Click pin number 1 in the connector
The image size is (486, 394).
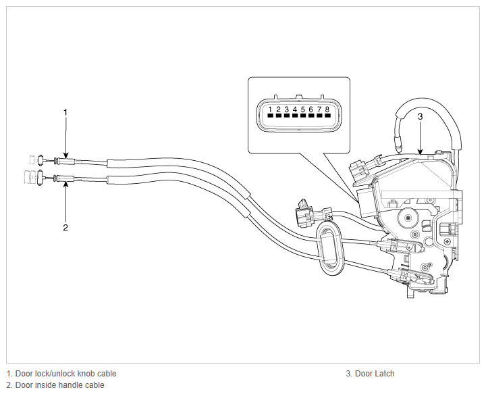click(270, 109)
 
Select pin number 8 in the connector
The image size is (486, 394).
click(327, 109)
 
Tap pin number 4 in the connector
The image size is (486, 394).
click(295, 109)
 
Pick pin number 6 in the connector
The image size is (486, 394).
click(311, 109)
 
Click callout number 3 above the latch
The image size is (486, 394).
click(420, 117)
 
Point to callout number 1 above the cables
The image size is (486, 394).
click(65, 112)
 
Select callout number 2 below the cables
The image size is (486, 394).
click(65, 228)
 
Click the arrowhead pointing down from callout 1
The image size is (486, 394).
click(65, 155)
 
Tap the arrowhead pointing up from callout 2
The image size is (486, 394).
click(65, 184)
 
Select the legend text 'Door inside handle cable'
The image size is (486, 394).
click(59, 385)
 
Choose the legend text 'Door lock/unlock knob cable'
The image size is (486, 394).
click(65, 374)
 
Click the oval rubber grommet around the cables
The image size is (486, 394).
click(320, 248)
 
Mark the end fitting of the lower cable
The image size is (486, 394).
click(40, 178)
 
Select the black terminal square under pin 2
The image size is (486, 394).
click(278, 116)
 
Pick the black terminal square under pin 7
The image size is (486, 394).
click(319, 116)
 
